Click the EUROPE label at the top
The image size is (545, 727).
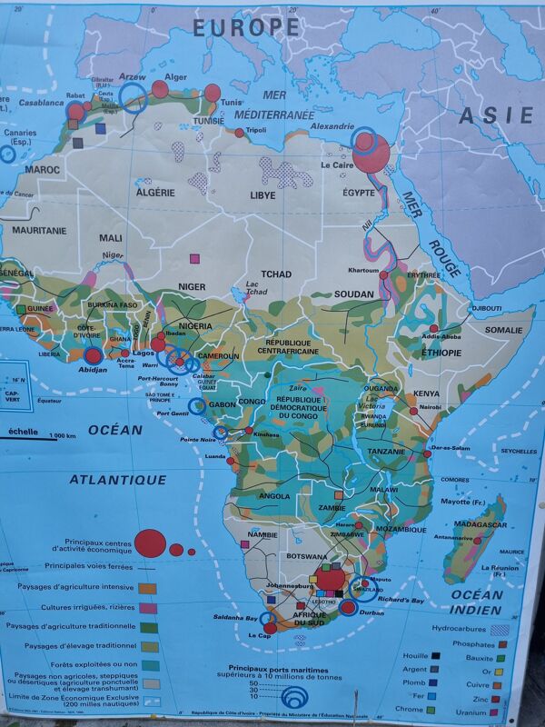coord(245,27)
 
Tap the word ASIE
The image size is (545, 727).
coord(495,115)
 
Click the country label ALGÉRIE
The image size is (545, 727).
coord(155,193)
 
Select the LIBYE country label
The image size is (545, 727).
coord(263,195)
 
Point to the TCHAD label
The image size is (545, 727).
coord(276,274)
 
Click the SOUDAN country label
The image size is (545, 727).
coord(353,294)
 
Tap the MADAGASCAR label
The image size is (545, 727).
coord(480,525)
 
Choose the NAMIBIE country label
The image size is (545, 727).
coord(262,535)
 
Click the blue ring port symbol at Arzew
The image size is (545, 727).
coord(134,97)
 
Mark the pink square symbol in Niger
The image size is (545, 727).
coord(193,259)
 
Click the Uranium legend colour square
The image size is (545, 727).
coord(499,711)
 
